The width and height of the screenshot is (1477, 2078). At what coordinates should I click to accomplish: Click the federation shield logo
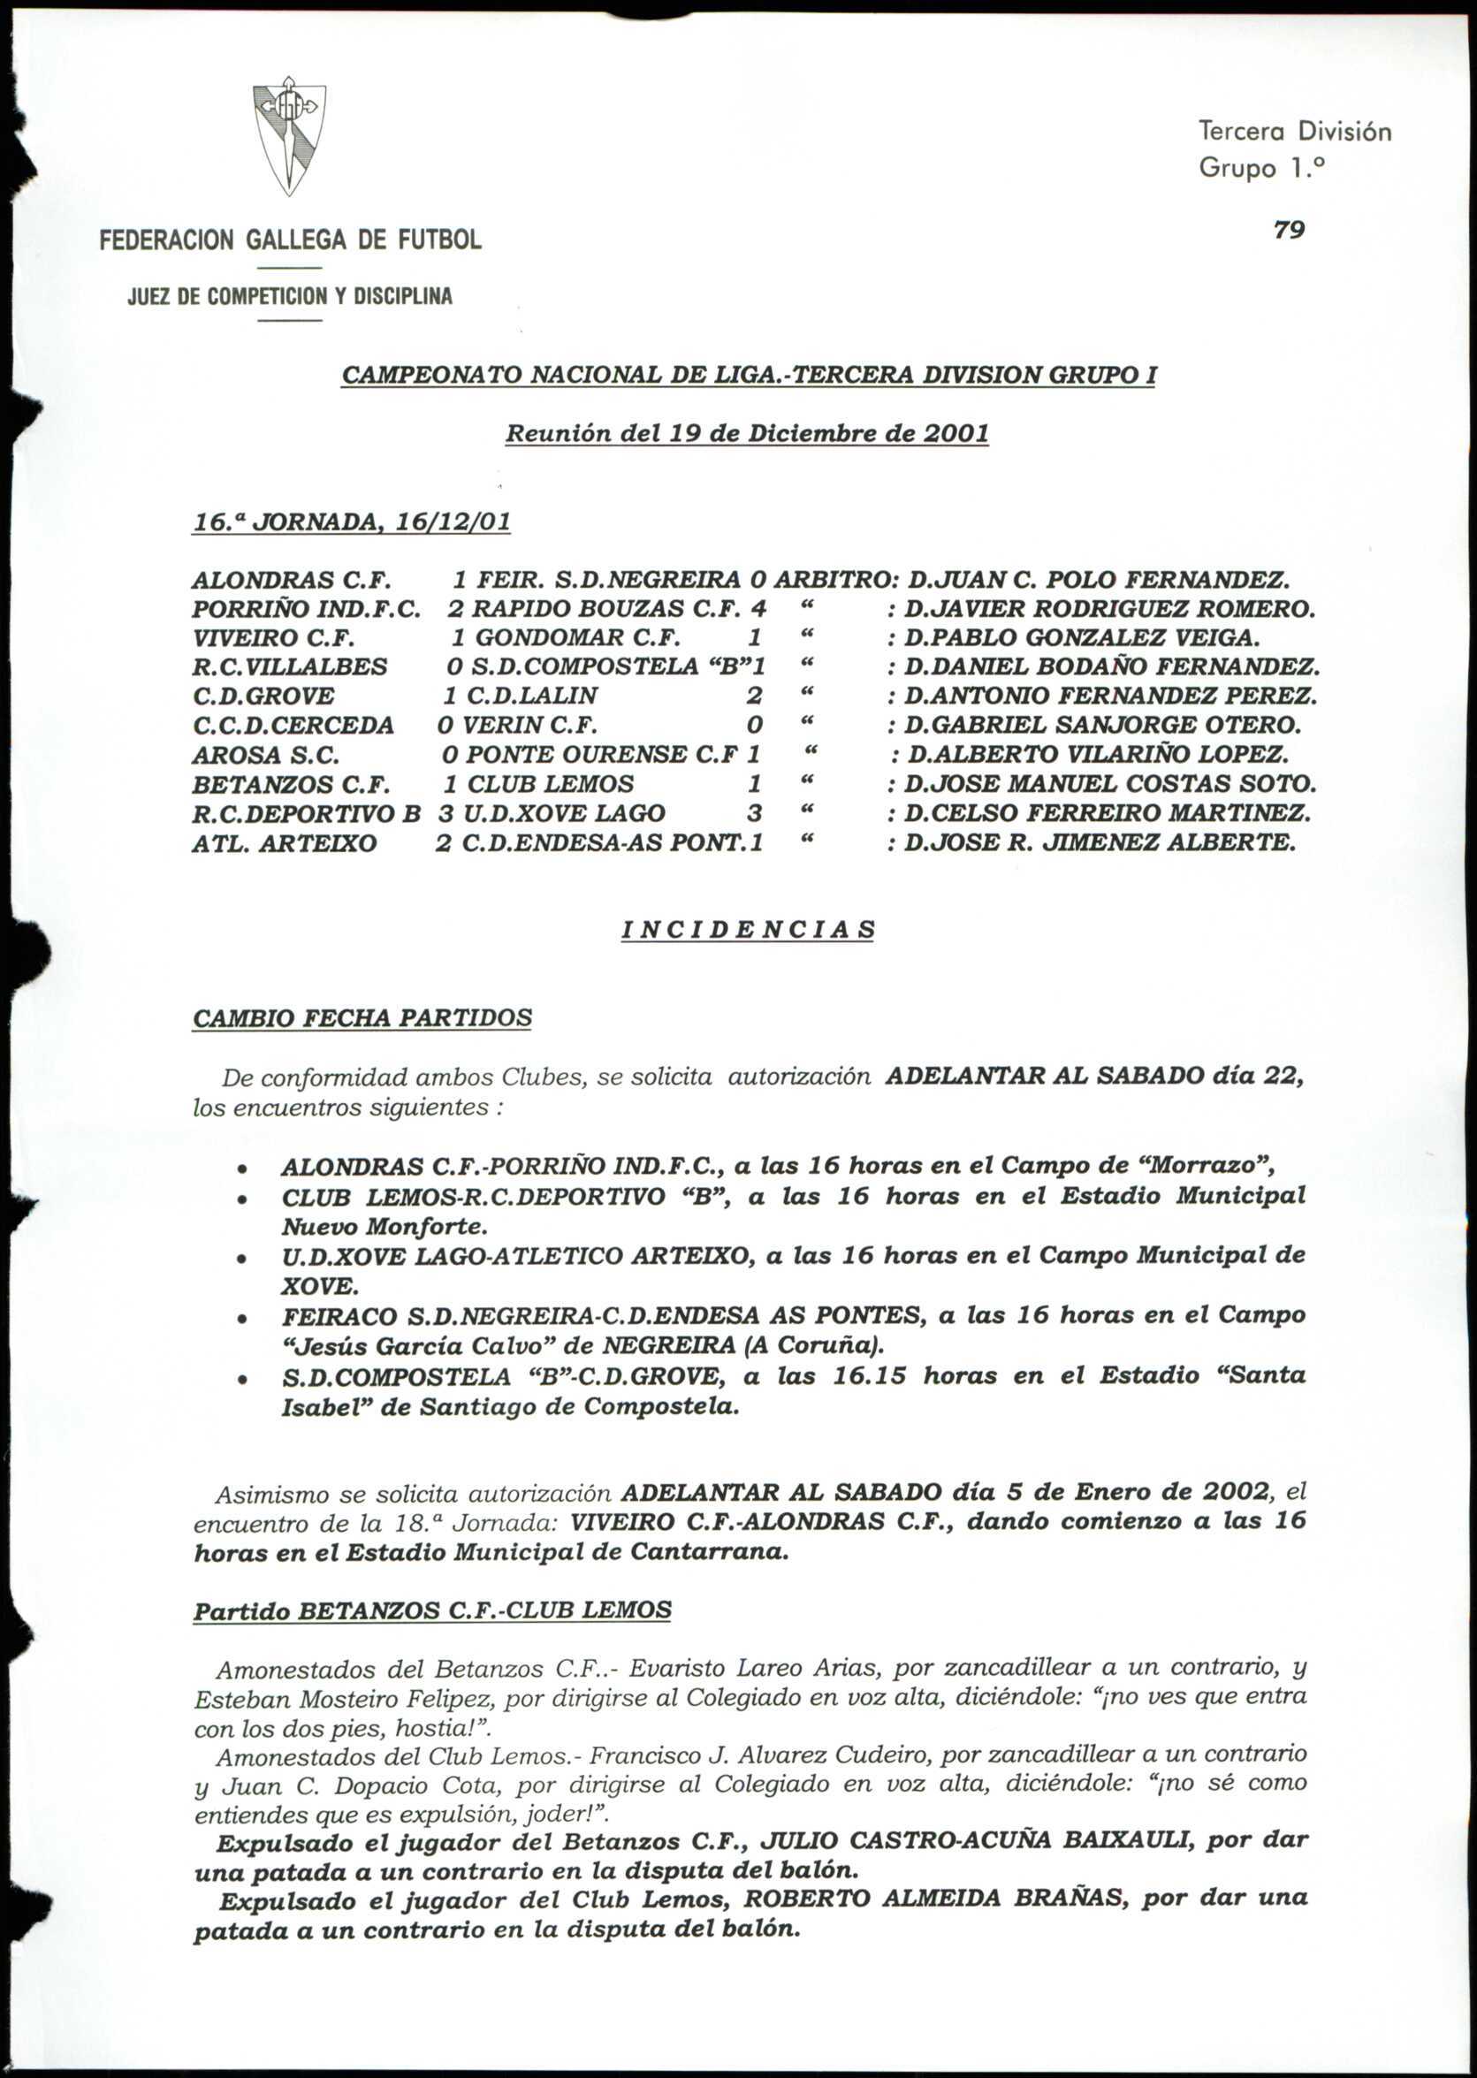[288, 136]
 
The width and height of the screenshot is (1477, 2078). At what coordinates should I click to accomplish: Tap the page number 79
[1289, 230]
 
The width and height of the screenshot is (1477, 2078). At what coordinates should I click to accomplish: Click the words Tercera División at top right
[1294, 132]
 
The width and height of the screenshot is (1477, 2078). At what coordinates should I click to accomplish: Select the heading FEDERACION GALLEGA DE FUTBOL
[290, 240]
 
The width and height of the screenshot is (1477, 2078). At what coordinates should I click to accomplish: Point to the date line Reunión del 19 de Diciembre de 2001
[747, 433]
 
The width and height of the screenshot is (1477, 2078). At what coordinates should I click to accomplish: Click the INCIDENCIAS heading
[748, 930]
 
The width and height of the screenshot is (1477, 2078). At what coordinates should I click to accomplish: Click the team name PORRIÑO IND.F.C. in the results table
[306, 608]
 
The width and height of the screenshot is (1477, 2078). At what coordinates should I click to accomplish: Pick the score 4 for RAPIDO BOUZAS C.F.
[758, 608]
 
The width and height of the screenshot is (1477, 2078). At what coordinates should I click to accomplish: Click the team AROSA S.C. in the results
[265, 755]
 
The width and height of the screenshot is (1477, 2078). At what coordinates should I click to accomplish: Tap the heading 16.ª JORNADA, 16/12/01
[351, 522]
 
